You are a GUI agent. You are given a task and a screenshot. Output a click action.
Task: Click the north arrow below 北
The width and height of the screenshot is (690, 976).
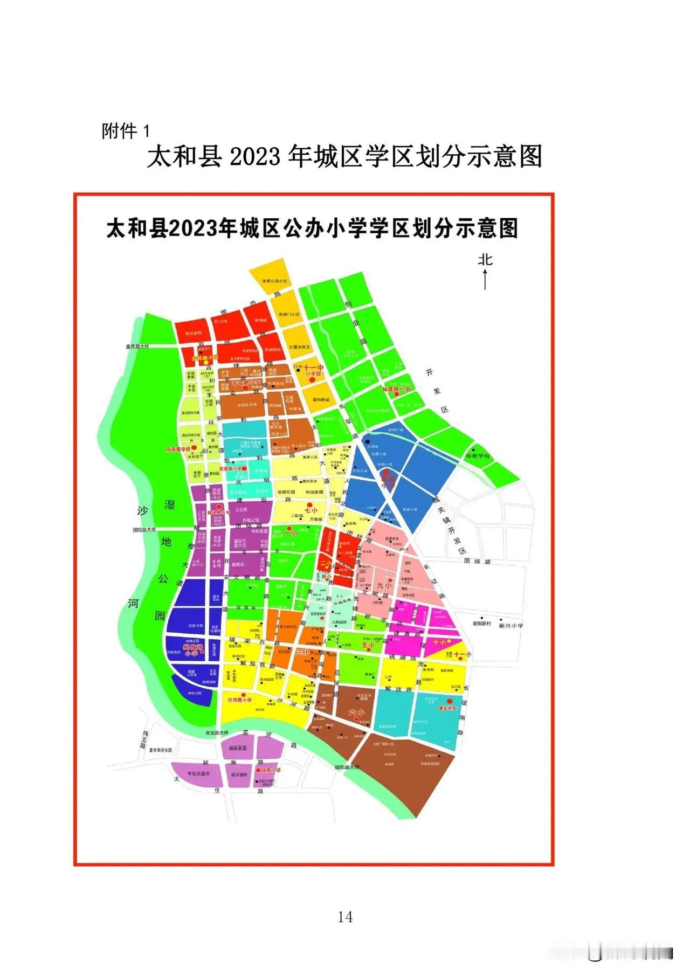485,279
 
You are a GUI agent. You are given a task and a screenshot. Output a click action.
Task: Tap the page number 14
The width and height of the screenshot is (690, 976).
345,916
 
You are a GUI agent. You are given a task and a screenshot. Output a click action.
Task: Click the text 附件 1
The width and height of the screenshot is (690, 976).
126,131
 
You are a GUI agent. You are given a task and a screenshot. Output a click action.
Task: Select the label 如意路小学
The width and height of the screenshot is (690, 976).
396,389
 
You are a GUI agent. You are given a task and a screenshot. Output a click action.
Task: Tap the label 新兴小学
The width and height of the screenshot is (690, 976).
510,626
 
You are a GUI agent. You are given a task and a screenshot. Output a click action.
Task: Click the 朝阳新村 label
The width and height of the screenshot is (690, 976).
482,624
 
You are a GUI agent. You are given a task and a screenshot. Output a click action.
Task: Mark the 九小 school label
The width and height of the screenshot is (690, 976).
383,585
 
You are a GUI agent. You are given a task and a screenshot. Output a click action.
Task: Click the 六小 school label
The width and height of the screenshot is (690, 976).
356,712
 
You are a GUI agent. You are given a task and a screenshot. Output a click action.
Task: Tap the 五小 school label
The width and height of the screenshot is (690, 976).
368,645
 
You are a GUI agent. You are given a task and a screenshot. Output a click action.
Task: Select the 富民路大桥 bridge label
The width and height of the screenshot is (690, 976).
137,347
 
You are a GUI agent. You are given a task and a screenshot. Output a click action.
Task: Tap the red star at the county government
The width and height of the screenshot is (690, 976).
322,618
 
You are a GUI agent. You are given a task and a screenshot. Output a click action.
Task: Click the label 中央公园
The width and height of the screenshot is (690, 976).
194,693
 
